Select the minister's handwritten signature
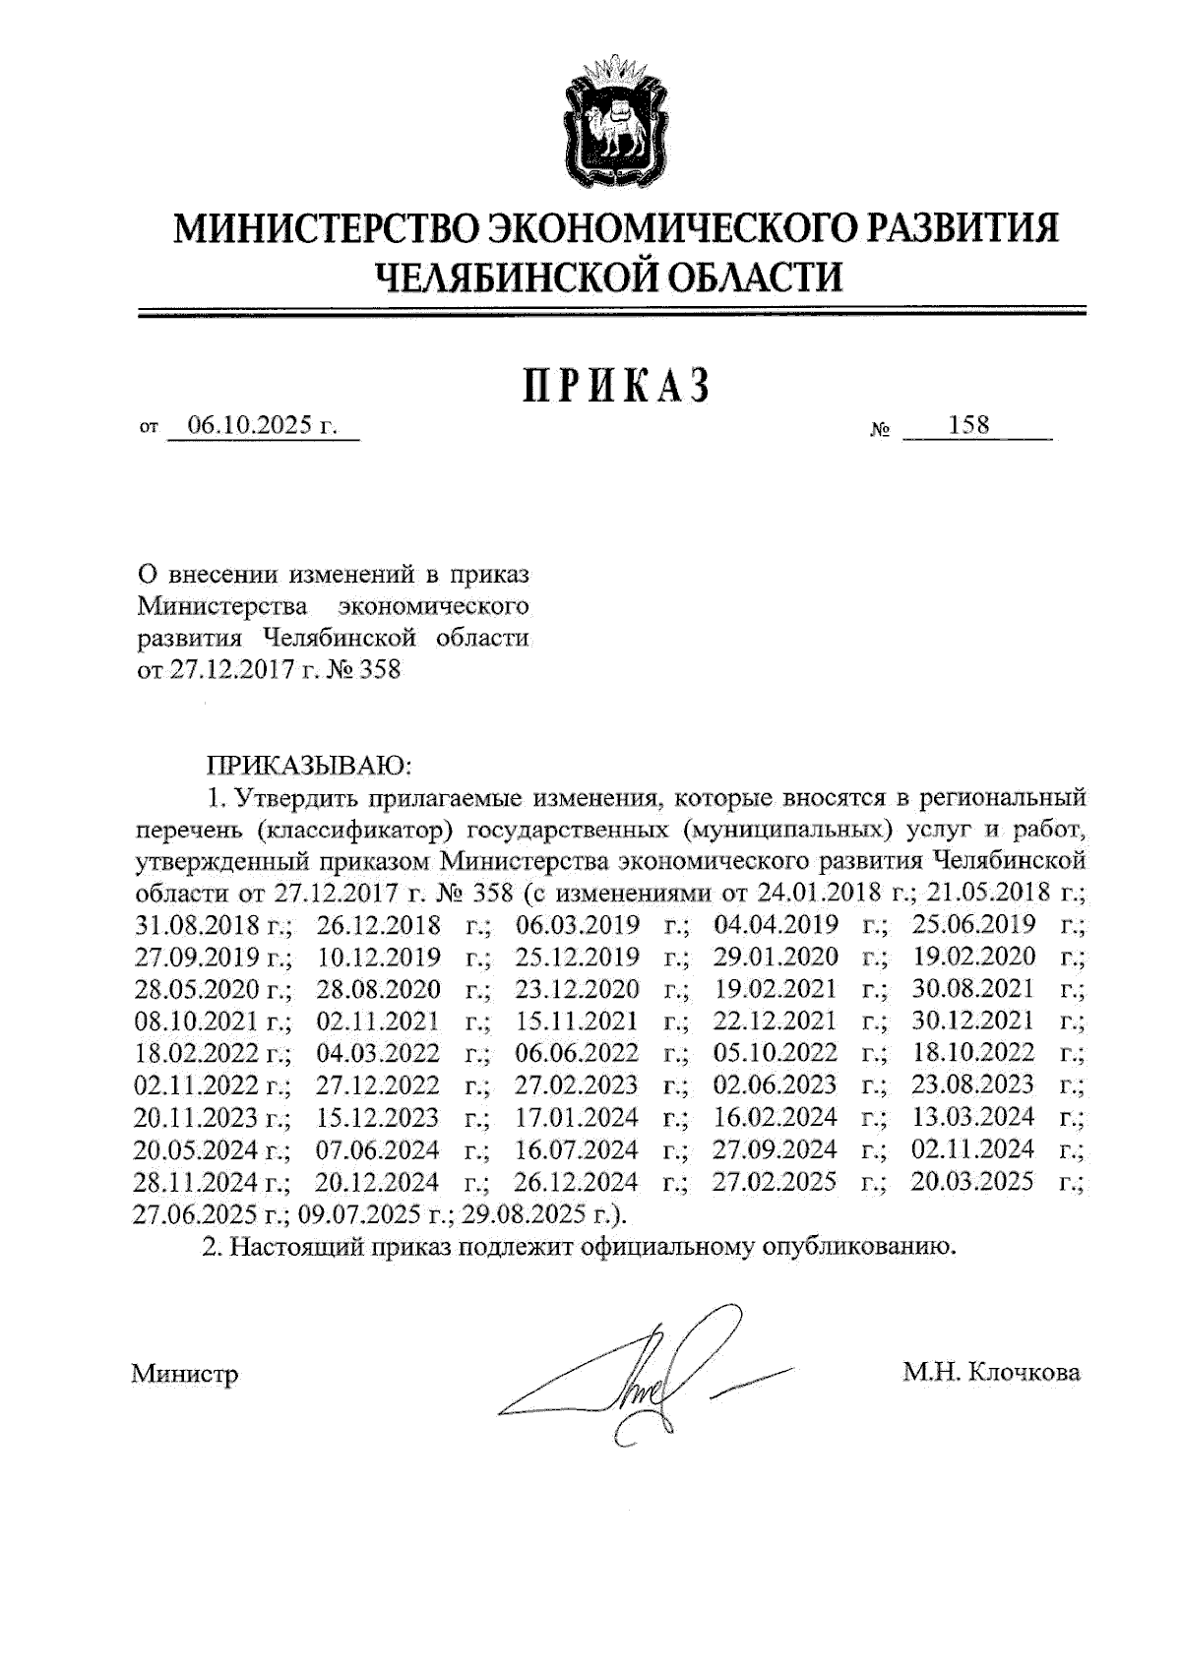pyautogui.click(x=650, y=1378)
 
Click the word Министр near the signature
pyautogui.click(x=185, y=1373)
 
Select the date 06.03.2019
pyautogui.click(x=578, y=925)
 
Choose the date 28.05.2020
pyautogui.click(x=197, y=989)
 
